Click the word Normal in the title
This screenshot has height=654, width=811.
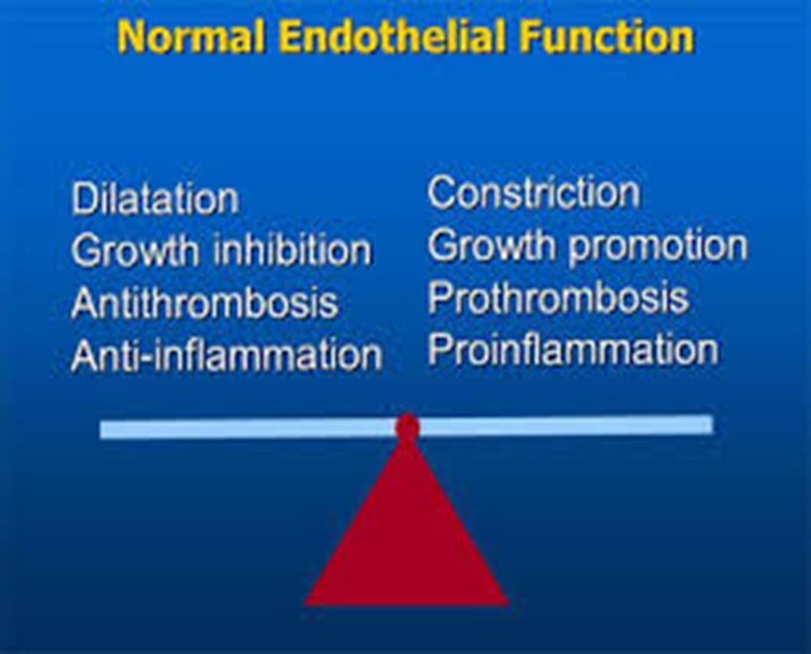tap(191, 37)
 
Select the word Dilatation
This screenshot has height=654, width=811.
tap(156, 198)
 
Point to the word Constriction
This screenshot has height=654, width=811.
tap(533, 193)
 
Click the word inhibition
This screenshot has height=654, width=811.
tap(292, 250)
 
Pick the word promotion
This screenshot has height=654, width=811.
tap(658, 247)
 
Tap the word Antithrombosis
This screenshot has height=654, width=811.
tap(205, 302)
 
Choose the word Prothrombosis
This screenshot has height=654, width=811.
tap(558, 297)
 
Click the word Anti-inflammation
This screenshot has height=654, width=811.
tap(227, 355)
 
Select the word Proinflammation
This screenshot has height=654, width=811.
tap(573, 350)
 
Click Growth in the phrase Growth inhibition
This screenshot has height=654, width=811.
tap(136, 251)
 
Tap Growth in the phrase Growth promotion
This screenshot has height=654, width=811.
tap(492, 245)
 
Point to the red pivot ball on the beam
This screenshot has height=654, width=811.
tap(407, 427)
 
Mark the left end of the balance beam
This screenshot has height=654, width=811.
tap(100, 430)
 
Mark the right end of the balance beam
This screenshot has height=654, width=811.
tap(713, 424)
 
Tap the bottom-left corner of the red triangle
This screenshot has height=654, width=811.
tap(305, 604)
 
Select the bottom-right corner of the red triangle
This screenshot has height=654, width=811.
tap(510, 604)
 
